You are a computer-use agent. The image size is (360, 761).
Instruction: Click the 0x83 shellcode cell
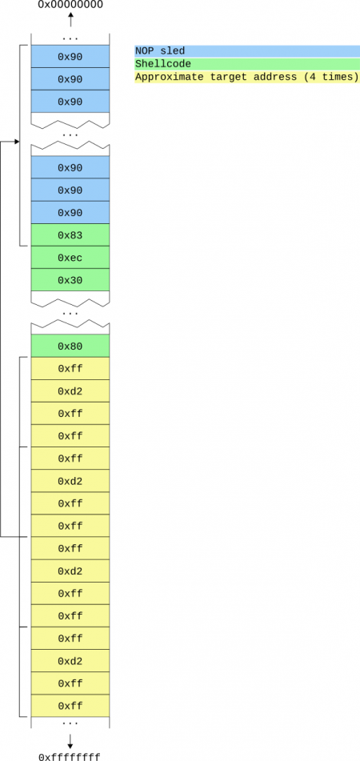click(70, 235)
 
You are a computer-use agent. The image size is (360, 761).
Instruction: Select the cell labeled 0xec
click(70, 258)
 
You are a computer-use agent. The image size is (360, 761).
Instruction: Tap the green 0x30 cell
click(70, 280)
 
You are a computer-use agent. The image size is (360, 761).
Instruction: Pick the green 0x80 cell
click(70, 346)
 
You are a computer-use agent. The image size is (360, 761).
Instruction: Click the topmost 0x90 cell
click(70, 57)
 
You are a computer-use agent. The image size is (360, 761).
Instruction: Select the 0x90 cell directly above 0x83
click(70, 213)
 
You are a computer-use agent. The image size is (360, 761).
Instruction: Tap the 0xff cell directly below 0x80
click(70, 368)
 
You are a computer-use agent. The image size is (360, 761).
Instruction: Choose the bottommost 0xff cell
click(70, 705)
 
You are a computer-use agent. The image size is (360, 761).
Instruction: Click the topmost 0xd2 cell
click(70, 391)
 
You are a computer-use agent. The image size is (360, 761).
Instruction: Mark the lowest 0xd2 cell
click(70, 660)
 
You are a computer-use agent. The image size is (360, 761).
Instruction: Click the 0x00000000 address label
click(70, 6)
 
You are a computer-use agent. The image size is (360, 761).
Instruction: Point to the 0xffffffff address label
click(70, 756)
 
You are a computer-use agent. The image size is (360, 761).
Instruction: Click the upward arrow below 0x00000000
click(70, 20)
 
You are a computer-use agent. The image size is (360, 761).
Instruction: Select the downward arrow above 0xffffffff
click(70, 741)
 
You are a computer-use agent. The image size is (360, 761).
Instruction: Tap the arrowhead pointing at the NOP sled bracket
click(17, 142)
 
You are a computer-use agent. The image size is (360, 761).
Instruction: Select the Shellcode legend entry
click(163, 64)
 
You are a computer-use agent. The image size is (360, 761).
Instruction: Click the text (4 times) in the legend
click(331, 77)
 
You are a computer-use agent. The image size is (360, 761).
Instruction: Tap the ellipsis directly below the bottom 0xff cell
click(70, 723)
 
